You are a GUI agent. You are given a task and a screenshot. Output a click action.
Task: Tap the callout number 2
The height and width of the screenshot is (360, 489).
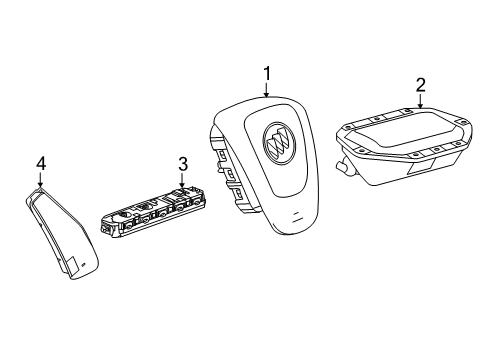point(421,84)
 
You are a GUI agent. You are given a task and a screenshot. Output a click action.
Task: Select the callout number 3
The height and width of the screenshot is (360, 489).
point(182,163)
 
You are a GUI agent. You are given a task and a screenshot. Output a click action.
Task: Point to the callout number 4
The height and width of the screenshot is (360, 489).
point(41,162)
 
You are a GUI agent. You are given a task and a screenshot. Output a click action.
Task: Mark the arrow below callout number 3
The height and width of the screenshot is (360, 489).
point(182,181)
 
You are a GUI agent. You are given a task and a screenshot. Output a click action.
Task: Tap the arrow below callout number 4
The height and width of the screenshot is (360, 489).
point(41,181)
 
